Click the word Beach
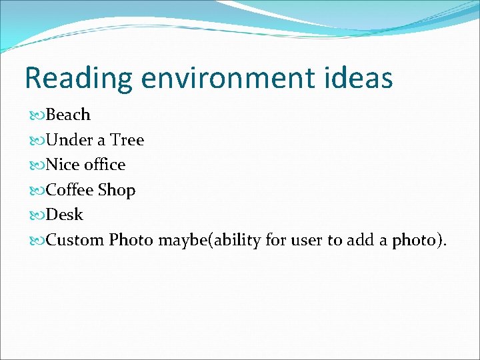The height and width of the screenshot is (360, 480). pyautogui.click(x=68, y=115)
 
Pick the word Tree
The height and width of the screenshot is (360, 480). pyautogui.click(x=127, y=140)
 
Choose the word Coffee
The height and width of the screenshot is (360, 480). pyautogui.click(x=70, y=190)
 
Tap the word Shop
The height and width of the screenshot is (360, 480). pyautogui.click(x=117, y=190)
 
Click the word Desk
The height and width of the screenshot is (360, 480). pyautogui.click(x=65, y=215)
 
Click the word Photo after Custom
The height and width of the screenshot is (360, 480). pyautogui.click(x=131, y=239)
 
